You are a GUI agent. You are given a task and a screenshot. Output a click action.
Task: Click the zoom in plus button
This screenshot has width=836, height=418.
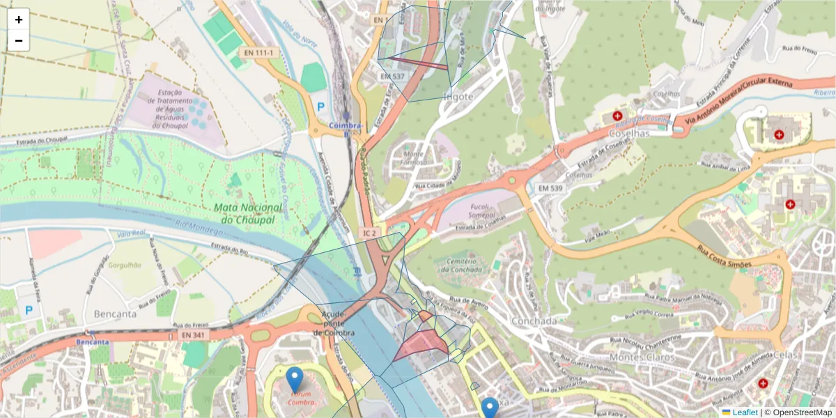[19, 20]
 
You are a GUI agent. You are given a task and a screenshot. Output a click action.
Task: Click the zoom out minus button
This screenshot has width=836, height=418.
[19, 40]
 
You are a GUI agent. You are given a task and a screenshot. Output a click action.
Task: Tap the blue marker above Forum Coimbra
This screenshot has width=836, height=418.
[295, 380]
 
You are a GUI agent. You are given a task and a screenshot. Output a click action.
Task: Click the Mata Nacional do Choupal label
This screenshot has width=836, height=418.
[249, 213]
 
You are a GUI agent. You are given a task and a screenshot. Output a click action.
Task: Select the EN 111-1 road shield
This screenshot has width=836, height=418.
[258, 53]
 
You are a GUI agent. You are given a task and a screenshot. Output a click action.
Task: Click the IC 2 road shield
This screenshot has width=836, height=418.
[370, 232]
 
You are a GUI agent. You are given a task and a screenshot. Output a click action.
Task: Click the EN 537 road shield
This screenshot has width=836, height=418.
[392, 75]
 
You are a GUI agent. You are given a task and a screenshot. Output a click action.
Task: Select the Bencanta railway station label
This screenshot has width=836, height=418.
[93, 342]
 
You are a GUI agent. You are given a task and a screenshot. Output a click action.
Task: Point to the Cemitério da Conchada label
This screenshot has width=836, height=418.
[461, 265]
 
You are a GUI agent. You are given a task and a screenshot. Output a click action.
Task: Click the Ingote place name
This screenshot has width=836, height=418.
[458, 97]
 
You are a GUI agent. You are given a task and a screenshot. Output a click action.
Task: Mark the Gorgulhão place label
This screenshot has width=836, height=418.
[121, 265]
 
